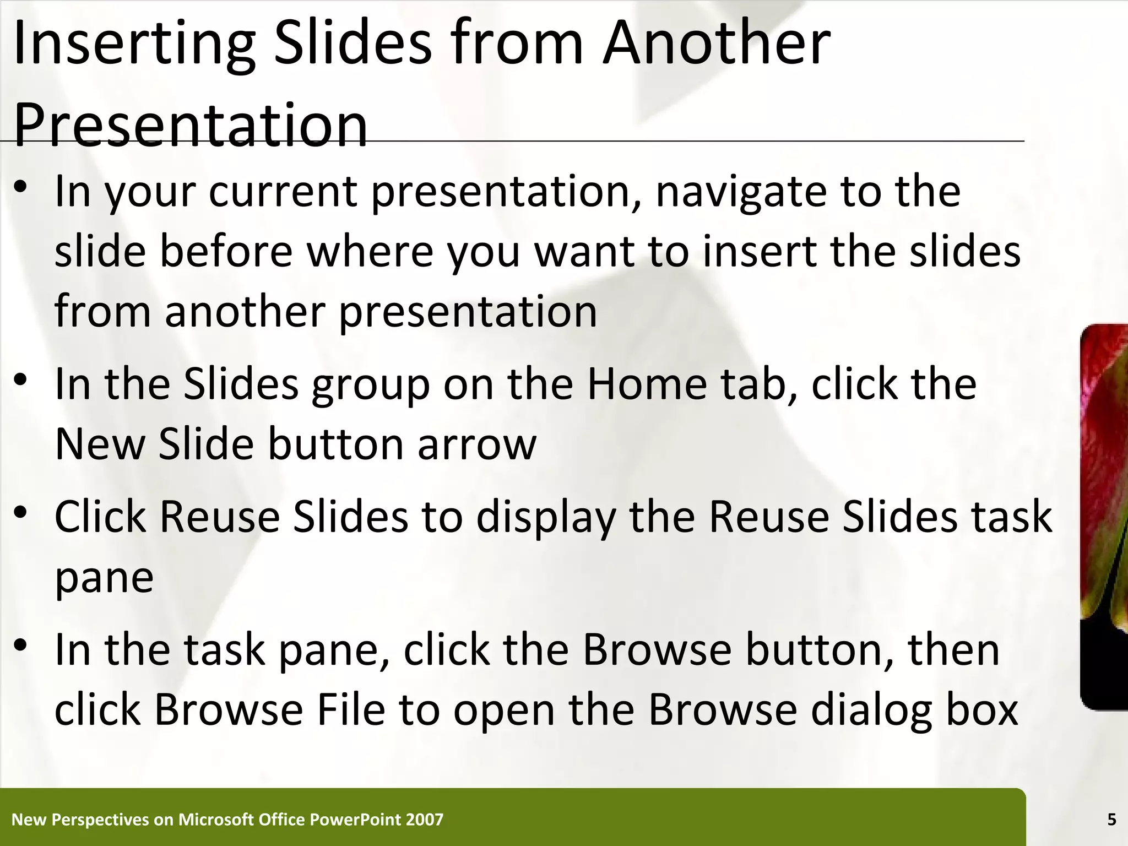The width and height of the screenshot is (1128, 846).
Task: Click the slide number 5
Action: coord(1111,820)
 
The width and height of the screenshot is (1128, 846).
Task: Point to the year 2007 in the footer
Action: coord(424,820)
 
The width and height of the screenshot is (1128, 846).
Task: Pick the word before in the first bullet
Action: coord(226,251)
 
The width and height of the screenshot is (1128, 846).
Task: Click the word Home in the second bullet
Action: coord(647,384)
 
